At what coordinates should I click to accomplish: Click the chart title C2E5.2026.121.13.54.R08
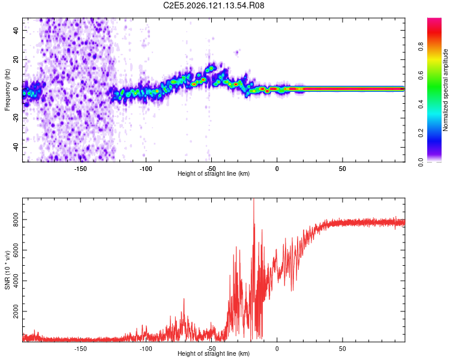(x=214, y=5)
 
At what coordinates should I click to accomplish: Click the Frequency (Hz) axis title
(x=7, y=90)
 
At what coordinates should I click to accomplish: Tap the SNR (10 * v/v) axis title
(x=7, y=270)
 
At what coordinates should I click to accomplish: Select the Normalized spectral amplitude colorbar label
(x=445, y=90)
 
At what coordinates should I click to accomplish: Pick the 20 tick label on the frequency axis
(x=16, y=59)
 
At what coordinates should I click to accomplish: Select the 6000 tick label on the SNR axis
(x=16, y=250)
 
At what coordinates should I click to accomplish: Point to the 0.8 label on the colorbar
(x=421, y=47)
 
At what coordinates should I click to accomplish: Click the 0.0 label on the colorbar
(x=421, y=162)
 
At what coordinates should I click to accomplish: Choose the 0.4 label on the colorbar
(x=421, y=104)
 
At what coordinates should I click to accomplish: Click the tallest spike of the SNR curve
(x=254, y=199)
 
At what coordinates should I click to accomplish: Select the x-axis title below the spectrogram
(x=214, y=173)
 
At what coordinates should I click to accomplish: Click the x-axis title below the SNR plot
(x=214, y=353)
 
